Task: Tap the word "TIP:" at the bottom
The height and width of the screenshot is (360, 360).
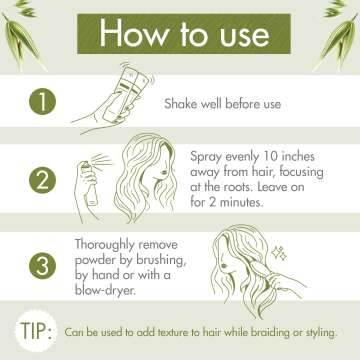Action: [36, 331]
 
